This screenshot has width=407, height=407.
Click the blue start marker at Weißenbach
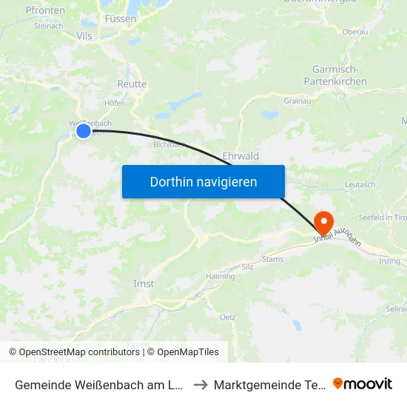pyautogui.click(x=84, y=131)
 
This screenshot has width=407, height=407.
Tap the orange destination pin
pyautogui.click(x=323, y=221)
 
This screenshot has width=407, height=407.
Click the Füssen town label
pyautogui.click(x=121, y=18)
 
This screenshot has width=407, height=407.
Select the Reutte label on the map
pyautogui.click(x=132, y=84)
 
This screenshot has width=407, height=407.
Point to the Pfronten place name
pyautogui.click(x=45, y=10)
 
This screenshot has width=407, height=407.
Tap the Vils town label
pyautogui.click(x=84, y=35)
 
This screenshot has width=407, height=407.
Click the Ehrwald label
pyautogui.click(x=240, y=156)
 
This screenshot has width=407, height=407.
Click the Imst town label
pyautogui.click(x=144, y=284)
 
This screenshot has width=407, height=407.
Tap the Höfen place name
pyautogui.click(x=115, y=103)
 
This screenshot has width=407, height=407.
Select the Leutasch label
pyautogui.click(x=360, y=184)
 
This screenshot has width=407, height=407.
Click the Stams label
pyautogui.click(x=272, y=259)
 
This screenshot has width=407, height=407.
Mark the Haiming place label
pyautogui.click(x=221, y=276)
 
